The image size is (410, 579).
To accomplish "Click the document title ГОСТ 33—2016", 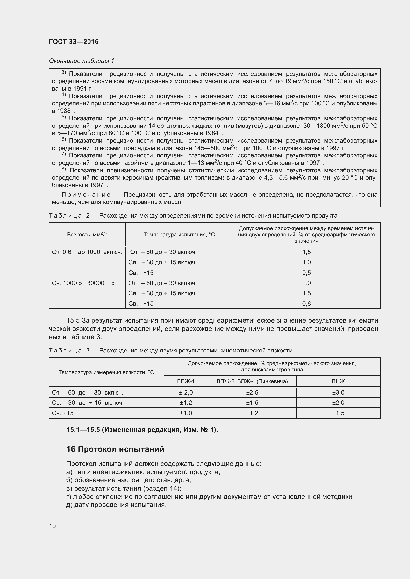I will [74, 42].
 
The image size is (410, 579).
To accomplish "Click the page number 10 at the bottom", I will [52, 526].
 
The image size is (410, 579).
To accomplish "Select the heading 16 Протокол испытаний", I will [115, 449].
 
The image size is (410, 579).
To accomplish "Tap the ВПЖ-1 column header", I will [186, 381].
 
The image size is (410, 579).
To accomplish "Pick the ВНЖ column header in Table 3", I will [338, 381].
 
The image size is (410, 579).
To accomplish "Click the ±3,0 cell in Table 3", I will [338, 393].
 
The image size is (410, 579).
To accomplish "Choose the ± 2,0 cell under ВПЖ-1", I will [186, 393].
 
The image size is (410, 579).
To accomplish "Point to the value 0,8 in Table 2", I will [306, 304].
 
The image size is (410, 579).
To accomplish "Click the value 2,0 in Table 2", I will [306, 283].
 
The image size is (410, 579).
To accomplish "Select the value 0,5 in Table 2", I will [306, 273].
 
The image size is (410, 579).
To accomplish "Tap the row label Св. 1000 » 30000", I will [83, 283].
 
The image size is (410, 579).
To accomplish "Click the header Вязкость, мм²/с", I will [87, 235].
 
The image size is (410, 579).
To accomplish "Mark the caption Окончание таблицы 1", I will [81, 61].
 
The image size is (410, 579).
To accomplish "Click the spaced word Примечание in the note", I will [86, 195].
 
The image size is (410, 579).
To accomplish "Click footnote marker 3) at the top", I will [64, 73].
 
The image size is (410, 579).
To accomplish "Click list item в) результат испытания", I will [124, 488].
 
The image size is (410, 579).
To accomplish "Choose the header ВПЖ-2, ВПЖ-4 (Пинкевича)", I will [252, 381].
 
